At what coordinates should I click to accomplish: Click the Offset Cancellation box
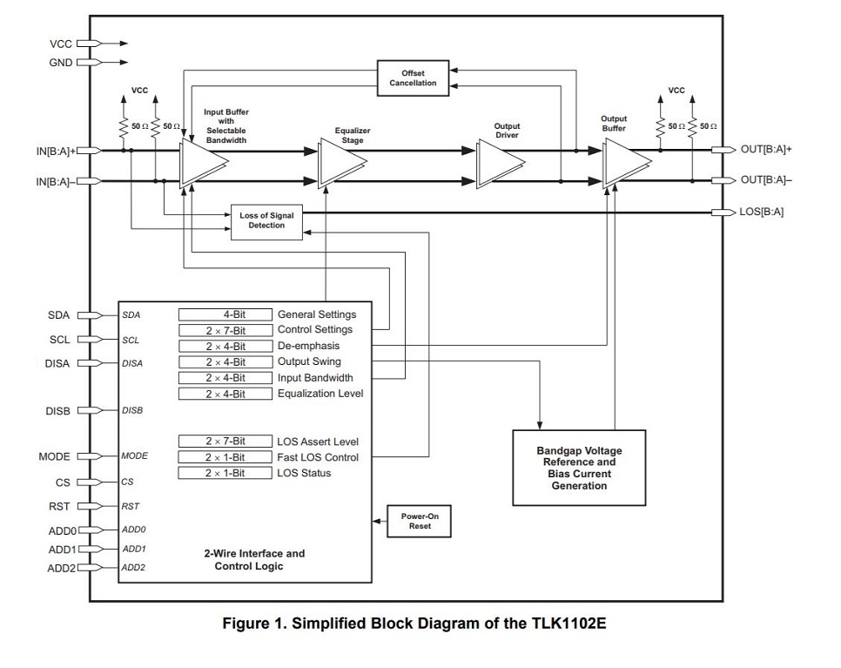pos(413,78)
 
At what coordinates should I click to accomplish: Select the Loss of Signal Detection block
pos(266,220)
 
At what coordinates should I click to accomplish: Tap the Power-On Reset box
pos(420,521)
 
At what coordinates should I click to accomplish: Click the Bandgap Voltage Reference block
pos(579,468)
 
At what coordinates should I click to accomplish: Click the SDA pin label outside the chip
pos(58,315)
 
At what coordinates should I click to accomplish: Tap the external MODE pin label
pos(54,456)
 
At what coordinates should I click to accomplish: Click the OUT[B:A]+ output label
pos(766,149)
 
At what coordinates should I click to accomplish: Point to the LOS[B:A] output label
pos(762,212)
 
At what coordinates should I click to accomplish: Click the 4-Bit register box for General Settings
pos(225,314)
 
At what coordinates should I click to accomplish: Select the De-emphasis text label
pos(308,346)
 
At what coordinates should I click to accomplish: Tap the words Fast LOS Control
pos(317,457)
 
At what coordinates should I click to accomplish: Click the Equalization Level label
pos(320,394)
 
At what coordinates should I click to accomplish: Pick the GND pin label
pos(61,62)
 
